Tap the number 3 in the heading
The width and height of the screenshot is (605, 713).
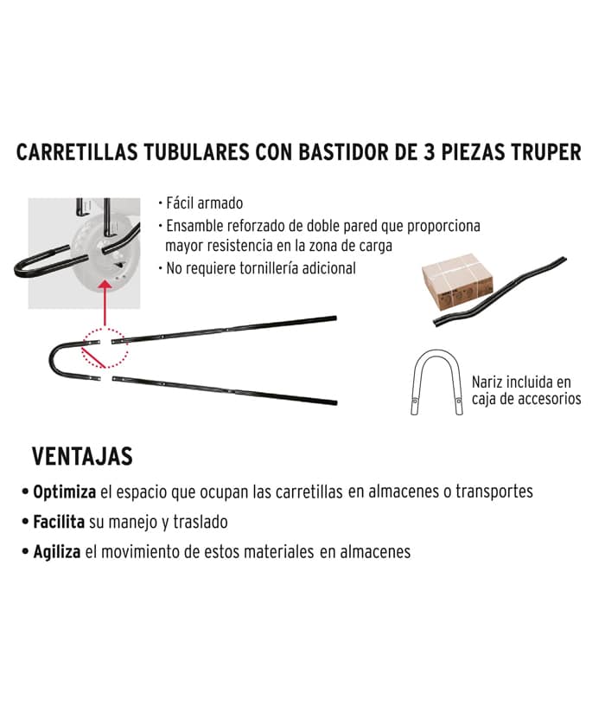click(429, 152)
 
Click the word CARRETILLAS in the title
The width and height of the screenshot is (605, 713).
click(77, 152)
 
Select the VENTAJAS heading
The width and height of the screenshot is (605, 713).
click(82, 456)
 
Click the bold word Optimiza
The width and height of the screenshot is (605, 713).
click(65, 492)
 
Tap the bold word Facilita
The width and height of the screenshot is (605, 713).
click(59, 522)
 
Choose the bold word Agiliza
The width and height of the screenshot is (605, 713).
click(57, 552)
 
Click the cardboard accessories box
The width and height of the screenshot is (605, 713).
click(457, 281)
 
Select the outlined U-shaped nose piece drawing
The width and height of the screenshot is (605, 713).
click(436, 351)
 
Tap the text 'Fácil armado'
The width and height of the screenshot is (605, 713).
click(204, 203)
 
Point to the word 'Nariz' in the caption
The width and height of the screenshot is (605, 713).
click(487, 382)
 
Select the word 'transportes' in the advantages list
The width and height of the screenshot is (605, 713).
click(494, 492)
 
